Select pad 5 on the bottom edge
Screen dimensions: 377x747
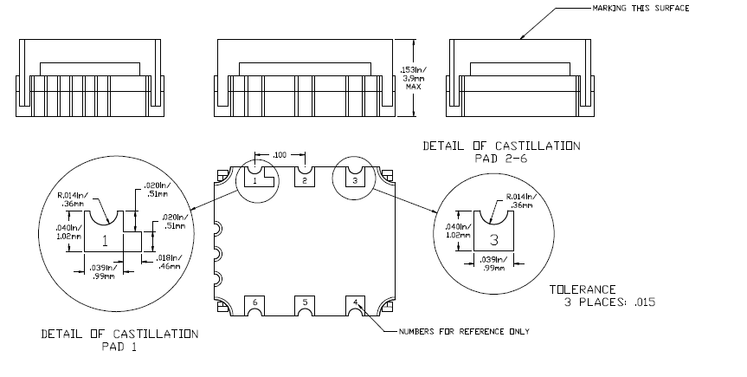coord(304,302)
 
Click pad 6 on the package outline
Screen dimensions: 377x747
coord(255,302)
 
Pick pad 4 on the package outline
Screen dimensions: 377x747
coord(354,302)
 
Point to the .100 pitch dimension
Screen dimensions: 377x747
coord(280,155)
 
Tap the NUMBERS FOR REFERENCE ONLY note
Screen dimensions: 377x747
coord(464,331)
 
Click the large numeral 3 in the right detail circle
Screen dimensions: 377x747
coord(494,238)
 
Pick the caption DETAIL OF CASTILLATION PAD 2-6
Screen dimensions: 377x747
coord(501,152)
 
